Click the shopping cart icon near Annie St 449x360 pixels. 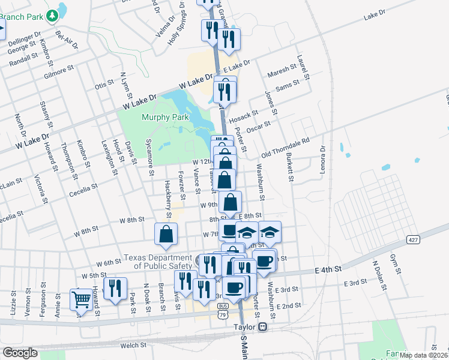(x=81, y=299)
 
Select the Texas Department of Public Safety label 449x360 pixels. (x=160, y=261)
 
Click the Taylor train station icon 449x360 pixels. (x=262, y=328)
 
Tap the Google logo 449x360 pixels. (x=19, y=353)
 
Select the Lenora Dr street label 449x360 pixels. (x=323, y=158)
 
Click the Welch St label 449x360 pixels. (x=133, y=345)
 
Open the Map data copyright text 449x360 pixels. (x=423, y=355)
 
